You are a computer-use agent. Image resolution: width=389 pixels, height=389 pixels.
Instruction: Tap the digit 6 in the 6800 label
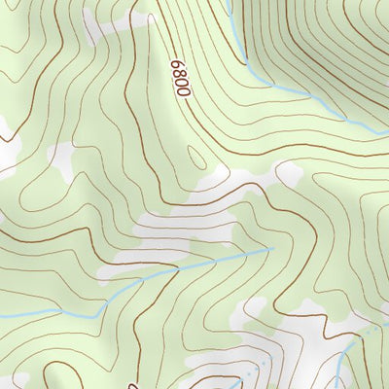(177, 64)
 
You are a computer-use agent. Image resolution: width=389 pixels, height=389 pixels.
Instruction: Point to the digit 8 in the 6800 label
(178, 73)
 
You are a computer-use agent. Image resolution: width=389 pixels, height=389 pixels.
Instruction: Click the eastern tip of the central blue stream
(273, 248)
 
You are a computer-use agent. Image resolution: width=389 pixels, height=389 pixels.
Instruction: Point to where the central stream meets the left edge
(2, 315)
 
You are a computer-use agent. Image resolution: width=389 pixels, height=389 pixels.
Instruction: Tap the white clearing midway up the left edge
(8, 146)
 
